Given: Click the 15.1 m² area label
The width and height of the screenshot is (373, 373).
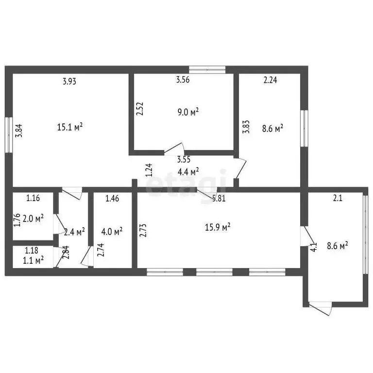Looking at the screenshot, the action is [x=70, y=127].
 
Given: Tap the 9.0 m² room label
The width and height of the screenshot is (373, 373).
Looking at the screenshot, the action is [x=188, y=112].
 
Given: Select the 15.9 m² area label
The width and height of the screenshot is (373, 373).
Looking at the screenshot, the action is [x=218, y=227].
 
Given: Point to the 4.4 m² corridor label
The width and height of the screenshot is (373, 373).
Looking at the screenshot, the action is [x=188, y=171].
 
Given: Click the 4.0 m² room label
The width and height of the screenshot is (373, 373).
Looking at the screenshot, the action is [x=112, y=231].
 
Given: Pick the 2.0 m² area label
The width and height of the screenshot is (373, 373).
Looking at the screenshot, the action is [x=33, y=218].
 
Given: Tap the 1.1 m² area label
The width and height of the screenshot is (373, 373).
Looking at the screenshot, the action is [x=33, y=260].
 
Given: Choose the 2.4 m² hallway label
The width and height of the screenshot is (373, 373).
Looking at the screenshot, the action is [x=75, y=232].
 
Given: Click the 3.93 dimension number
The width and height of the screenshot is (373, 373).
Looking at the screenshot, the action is [x=69, y=82].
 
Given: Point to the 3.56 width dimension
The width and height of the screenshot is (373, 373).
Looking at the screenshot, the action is [x=183, y=80].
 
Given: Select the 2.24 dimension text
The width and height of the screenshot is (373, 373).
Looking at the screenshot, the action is [x=270, y=80].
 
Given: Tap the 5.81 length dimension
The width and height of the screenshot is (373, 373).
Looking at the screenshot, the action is [x=219, y=198].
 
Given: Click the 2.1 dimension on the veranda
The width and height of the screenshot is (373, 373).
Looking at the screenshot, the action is [x=338, y=198].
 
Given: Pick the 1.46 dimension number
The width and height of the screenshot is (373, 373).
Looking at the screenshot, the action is [x=112, y=198].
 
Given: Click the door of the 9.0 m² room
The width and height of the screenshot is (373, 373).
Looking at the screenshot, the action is [x=174, y=149].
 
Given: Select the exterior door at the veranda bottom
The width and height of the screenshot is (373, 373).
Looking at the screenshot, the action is [x=320, y=308].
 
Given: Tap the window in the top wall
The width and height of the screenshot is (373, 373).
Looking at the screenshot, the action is [x=207, y=70].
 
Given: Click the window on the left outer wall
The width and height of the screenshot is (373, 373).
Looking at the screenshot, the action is [x=9, y=135].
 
